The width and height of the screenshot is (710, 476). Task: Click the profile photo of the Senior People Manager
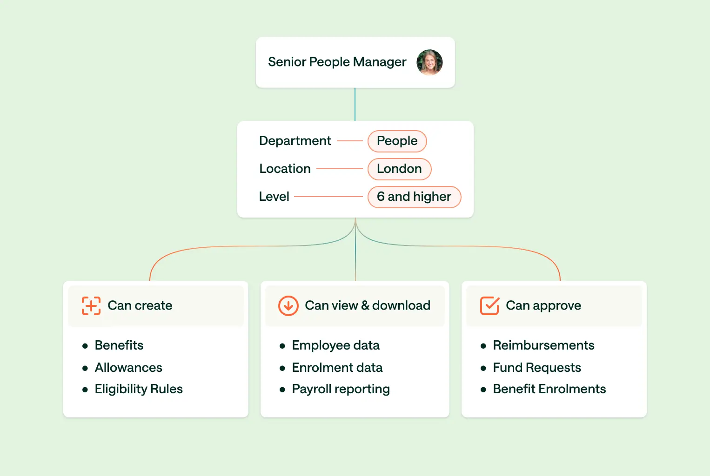(429, 62)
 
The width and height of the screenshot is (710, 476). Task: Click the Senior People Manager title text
(337, 62)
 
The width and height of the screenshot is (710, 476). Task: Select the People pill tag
(397, 141)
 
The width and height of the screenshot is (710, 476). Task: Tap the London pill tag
(399, 169)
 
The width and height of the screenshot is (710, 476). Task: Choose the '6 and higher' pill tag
(414, 197)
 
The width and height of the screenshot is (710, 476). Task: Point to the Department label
(295, 141)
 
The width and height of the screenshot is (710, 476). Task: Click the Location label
(285, 169)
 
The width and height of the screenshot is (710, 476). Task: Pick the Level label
(274, 197)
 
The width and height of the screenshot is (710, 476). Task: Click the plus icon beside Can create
(91, 306)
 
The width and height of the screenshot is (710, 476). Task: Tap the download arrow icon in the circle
(288, 306)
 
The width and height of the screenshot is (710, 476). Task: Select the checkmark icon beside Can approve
(489, 306)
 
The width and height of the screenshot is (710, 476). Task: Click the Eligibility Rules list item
(139, 389)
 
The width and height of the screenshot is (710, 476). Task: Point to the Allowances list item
(128, 368)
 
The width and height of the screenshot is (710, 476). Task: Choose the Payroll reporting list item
(341, 389)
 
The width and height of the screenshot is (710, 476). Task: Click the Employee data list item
(335, 345)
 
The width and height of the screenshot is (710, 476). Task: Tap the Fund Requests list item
(537, 368)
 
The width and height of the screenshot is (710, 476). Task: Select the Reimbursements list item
(543, 345)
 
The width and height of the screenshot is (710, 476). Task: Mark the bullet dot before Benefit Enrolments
(483, 390)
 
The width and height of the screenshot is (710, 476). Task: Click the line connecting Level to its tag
(328, 197)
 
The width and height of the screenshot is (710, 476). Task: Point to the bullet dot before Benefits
(85, 346)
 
